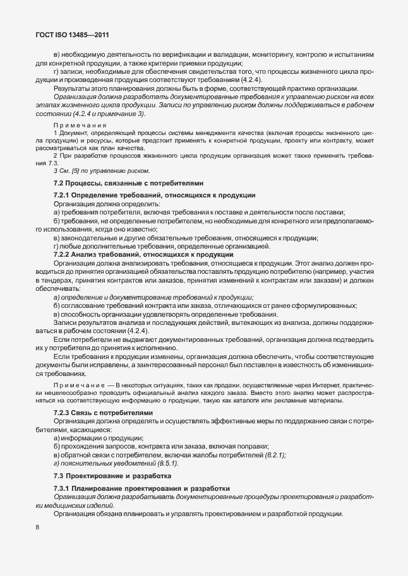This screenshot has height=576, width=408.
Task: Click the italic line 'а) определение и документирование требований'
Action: click(153, 297)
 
